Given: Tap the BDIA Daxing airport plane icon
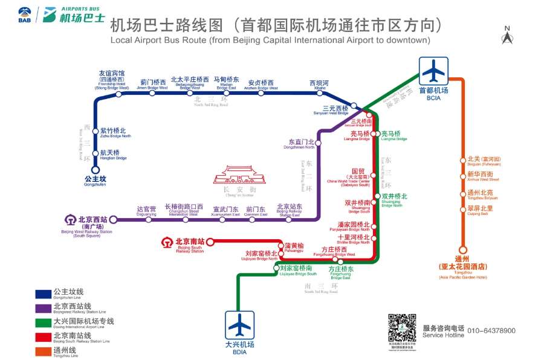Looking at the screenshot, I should coord(240,326).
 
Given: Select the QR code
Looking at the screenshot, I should coord(401,327).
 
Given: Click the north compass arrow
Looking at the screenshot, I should coord(507,37).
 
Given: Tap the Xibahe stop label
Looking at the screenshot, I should coord(319,84).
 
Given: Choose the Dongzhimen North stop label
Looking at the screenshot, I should coord(302,144).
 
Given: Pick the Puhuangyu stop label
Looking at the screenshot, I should coord(294,246).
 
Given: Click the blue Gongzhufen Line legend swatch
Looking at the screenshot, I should coord(43,294).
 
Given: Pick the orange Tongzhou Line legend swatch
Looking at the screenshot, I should coord(43,350).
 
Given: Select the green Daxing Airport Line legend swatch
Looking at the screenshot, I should coord(43,322).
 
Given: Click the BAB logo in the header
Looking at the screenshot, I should coord(24,14).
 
